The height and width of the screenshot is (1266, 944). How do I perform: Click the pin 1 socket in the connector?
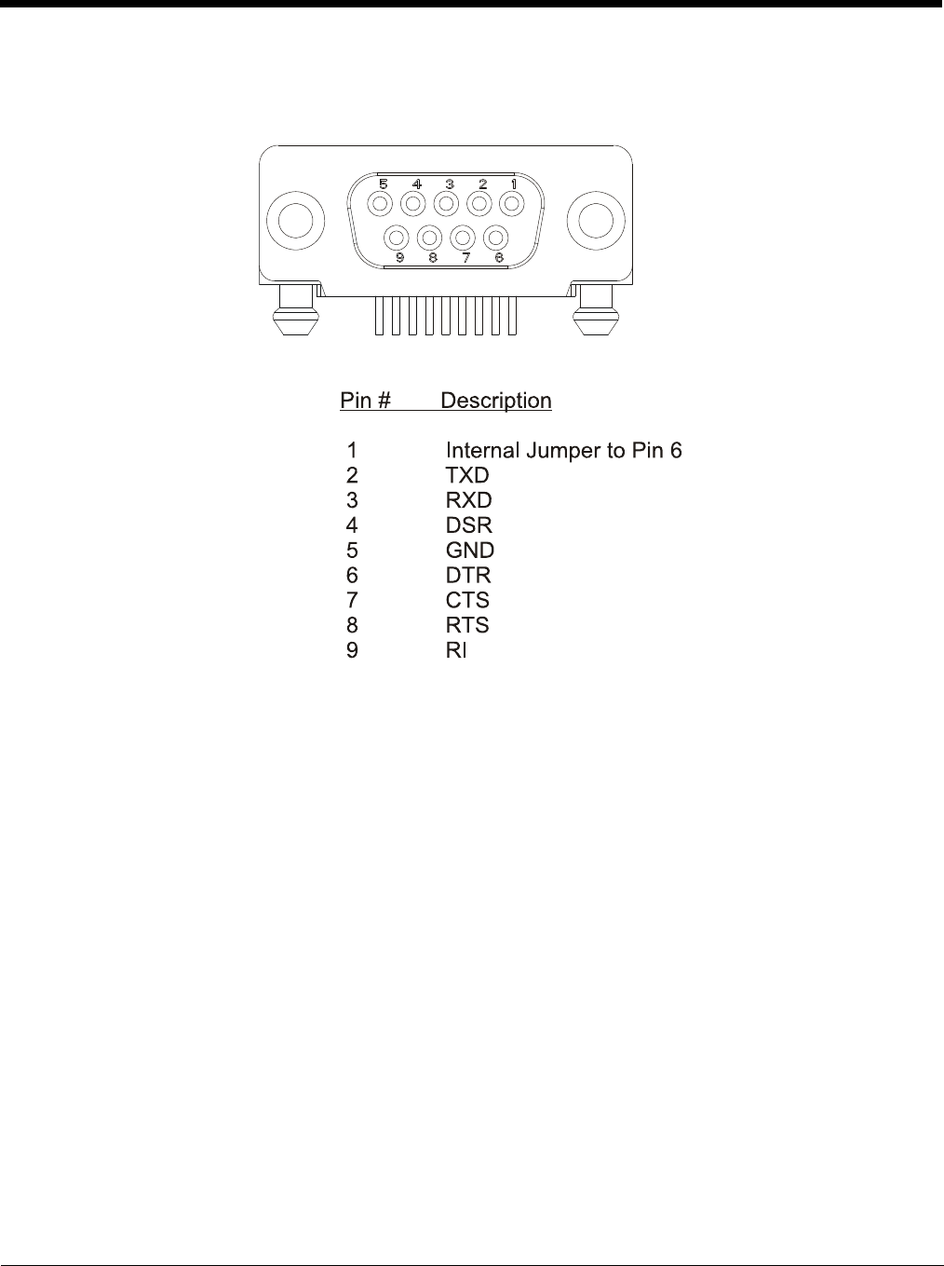click(x=511, y=203)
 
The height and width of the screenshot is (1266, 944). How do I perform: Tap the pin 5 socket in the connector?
click(x=380, y=203)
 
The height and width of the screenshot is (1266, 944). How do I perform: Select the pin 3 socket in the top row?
click(x=446, y=203)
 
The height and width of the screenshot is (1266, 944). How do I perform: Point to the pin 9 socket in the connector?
click(x=398, y=238)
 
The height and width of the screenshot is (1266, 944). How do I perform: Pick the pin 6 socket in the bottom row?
click(x=496, y=238)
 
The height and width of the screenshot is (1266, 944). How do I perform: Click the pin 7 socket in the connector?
click(x=464, y=238)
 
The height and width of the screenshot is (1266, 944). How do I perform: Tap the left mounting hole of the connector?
click(x=295, y=222)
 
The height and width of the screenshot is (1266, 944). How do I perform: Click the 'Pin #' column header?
click(x=365, y=401)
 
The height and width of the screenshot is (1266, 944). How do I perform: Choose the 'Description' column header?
click(x=495, y=401)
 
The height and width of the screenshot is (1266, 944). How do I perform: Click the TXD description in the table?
click(x=467, y=475)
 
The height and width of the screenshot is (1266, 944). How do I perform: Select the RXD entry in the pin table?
click(x=468, y=500)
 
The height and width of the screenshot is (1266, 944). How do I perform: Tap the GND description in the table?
click(x=470, y=551)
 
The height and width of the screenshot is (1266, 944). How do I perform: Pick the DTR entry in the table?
click(x=468, y=576)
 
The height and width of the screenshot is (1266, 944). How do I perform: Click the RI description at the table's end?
click(x=456, y=650)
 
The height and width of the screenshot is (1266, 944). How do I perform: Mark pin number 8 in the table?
click(x=352, y=625)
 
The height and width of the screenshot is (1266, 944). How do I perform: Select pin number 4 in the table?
click(x=352, y=525)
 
